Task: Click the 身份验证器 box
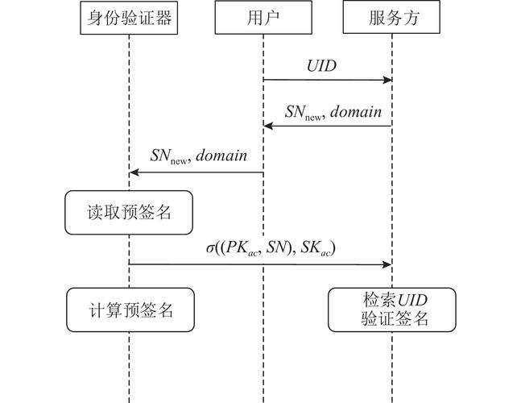[x=129, y=19]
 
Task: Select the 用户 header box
[x=263, y=19]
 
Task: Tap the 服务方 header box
[x=392, y=19]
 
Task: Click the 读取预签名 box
[x=129, y=213]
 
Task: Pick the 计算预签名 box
[x=129, y=310]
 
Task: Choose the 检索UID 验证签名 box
[x=392, y=310]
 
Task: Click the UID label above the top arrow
[x=322, y=66]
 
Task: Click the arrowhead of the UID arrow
[x=388, y=80]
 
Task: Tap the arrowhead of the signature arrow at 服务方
[x=388, y=264]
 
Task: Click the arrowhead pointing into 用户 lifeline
[x=268, y=126]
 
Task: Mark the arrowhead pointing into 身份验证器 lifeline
[x=134, y=172]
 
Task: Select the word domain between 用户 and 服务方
[x=354, y=111]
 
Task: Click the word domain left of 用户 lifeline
[x=221, y=156]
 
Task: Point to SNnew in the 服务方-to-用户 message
[x=303, y=112]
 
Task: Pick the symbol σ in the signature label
[x=209, y=249]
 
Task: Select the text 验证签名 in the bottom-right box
[x=392, y=319]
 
